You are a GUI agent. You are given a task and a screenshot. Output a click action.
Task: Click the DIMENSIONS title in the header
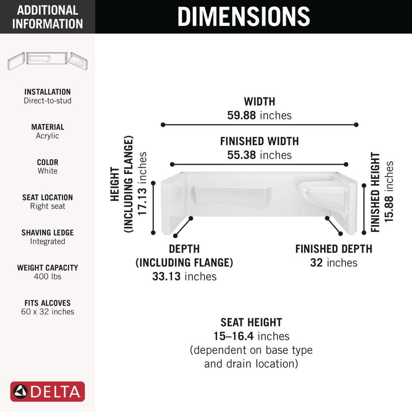click(243, 16)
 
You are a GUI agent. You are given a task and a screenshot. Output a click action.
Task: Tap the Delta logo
click(47, 391)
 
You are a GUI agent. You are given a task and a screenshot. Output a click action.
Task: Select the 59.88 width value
click(241, 115)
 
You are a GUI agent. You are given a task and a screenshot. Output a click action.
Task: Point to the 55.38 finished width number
click(241, 155)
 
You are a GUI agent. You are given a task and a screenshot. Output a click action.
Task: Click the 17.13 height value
click(142, 202)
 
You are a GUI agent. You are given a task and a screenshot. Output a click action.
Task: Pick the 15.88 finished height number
click(389, 208)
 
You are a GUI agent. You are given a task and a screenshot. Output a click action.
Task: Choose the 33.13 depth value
click(166, 276)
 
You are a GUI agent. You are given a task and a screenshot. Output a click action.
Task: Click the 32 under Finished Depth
click(316, 263)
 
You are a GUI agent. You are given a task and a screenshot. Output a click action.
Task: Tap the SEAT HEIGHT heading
click(251, 323)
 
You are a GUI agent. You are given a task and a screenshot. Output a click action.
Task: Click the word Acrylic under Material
click(47, 136)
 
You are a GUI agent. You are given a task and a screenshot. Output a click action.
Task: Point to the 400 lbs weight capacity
click(47, 276)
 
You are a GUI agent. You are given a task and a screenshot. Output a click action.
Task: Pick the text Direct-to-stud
click(47, 101)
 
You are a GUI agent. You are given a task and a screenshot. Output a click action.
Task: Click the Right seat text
click(47, 206)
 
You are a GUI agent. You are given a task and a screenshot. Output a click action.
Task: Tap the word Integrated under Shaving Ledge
click(47, 241)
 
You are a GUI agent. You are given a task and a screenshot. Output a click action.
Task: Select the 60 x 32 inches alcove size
click(47, 311)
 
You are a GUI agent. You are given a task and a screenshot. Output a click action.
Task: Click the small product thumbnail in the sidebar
click(47, 61)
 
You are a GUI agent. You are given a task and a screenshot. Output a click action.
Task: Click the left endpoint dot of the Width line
click(163, 124)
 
